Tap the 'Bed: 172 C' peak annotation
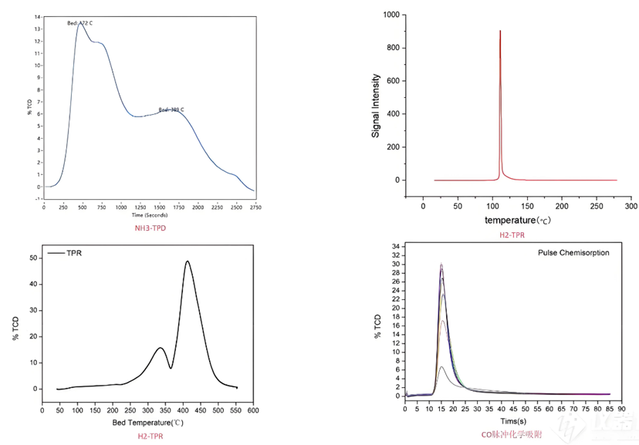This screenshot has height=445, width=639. (79, 22)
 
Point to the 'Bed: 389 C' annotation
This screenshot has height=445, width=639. (171, 110)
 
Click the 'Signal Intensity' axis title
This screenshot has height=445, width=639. (375, 106)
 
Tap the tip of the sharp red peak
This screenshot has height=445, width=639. (500, 31)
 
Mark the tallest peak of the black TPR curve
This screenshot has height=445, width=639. (187, 261)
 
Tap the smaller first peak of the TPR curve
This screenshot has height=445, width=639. (160, 348)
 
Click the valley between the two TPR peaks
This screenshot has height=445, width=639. (170, 368)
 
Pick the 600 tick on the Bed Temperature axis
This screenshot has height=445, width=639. (252, 410)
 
